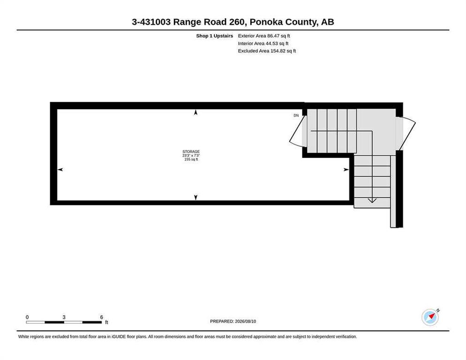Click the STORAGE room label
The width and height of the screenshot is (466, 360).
(191, 151)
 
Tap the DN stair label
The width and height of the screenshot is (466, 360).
(296, 115)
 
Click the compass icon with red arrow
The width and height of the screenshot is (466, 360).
(430, 317)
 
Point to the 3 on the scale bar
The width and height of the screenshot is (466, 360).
(64, 317)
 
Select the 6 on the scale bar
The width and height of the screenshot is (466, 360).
(101, 317)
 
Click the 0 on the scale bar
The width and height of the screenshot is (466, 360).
(27, 317)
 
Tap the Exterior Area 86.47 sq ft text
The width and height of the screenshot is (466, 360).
(264, 36)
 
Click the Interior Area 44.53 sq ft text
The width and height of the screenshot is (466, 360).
(263, 44)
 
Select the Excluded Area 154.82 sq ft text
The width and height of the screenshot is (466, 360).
(267, 51)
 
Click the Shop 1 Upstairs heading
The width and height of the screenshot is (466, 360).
(215, 36)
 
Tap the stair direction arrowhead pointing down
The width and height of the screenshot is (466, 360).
(372, 200)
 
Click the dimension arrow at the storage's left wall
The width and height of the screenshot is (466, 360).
(60, 169)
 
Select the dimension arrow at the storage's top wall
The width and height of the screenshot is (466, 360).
(195, 112)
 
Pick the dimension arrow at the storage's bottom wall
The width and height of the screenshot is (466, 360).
(195, 197)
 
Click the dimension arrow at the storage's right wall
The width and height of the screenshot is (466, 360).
(346, 169)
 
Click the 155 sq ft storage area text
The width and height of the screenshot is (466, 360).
(191, 159)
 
